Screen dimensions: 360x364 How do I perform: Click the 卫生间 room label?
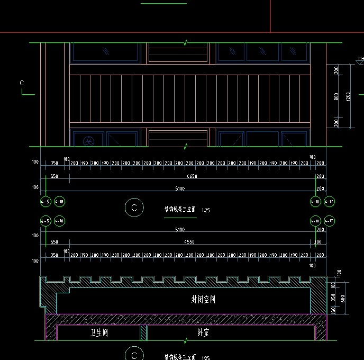coord(99,333)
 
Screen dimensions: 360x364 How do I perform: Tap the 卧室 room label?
coord(200,333)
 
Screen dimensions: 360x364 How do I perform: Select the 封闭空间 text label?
coord(203,300)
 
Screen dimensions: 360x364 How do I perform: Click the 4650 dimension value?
coord(192,176)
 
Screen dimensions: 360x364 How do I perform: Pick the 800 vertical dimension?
coord(336,96)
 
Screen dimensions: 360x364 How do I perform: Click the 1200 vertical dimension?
coord(348,96)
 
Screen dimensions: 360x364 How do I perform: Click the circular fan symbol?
coord(88,141)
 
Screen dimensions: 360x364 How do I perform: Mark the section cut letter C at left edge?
coord(22,83)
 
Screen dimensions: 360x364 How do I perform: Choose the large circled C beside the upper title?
coord(134,208)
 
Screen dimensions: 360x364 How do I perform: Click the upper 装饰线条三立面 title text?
coord(180,210)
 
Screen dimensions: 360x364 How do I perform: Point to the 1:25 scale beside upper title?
coord(206,211)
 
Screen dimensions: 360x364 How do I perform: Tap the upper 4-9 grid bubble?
coord(46,202)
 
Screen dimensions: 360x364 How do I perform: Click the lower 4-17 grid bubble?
coord(329,221)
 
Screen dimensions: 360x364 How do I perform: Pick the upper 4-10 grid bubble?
coord(315,202)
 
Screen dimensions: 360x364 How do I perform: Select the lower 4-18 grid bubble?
coord(59,221)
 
